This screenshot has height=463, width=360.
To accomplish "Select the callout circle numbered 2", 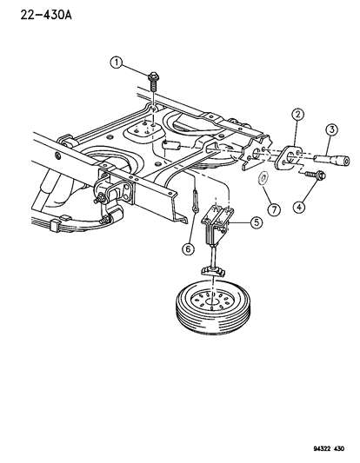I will pyautogui.click(x=297, y=114).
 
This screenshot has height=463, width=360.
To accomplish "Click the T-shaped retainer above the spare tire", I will pyautogui.click(x=210, y=274).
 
